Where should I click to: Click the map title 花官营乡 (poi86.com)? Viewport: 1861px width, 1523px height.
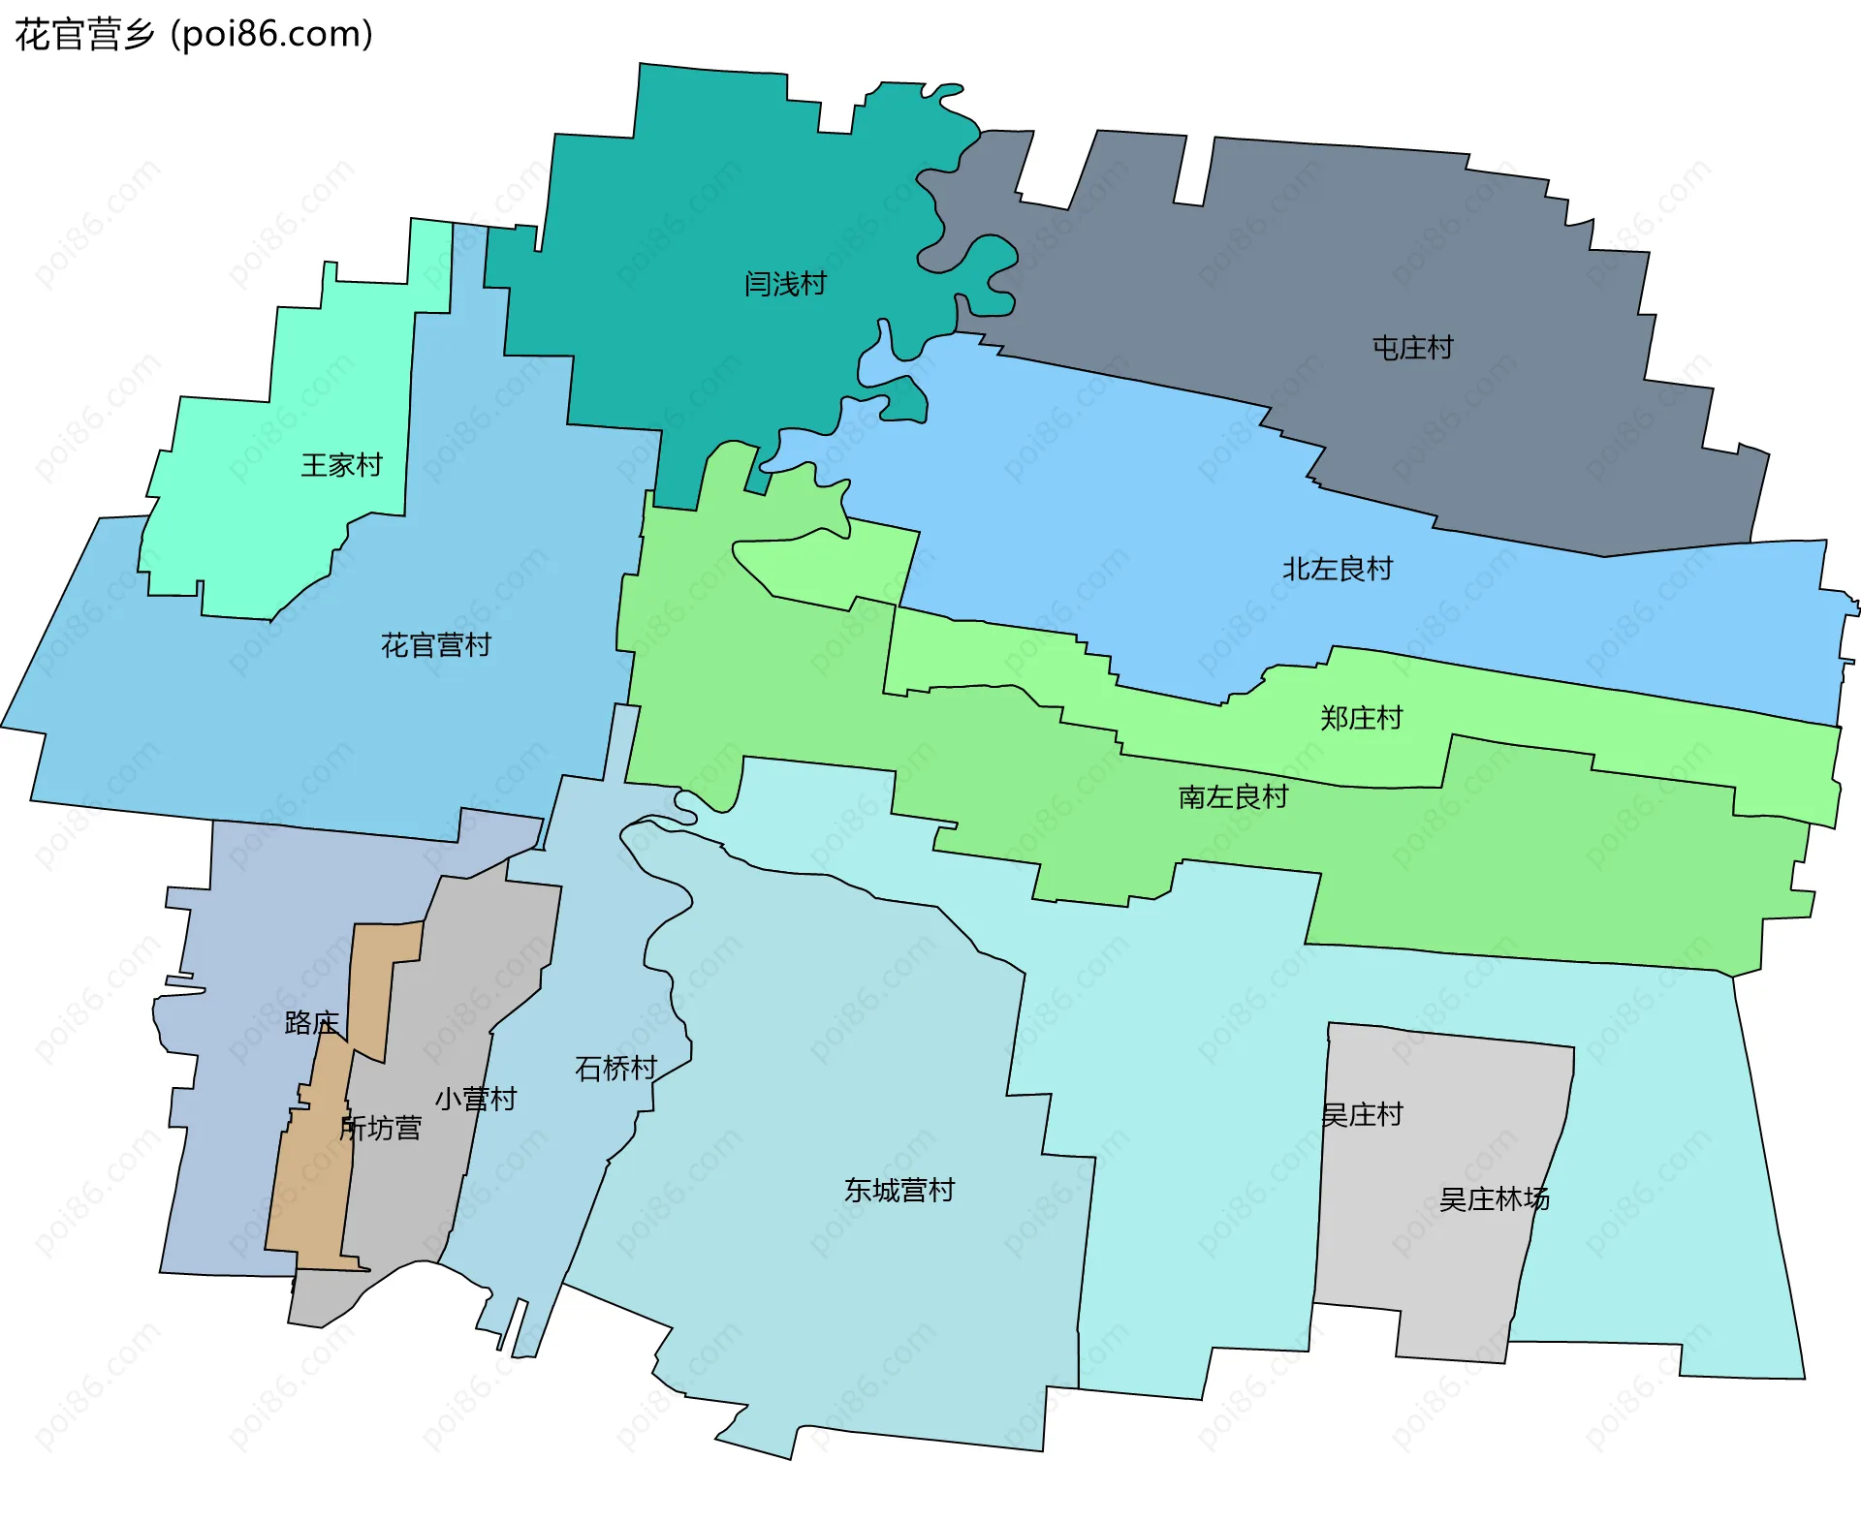(194, 35)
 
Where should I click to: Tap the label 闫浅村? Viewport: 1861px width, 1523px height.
(785, 284)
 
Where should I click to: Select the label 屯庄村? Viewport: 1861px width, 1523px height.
(1412, 348)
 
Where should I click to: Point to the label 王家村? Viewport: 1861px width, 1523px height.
(341, 465)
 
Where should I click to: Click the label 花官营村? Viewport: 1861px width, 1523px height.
(436, 645)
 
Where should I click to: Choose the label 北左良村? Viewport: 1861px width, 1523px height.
(1338, 569)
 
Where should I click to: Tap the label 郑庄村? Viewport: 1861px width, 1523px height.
(1361, 718)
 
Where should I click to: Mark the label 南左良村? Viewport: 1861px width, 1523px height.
(1233, 797)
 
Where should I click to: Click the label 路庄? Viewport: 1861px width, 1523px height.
(311, 1023)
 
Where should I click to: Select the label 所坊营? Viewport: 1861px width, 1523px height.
(380, 1129)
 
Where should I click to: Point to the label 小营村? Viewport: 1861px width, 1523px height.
(475, 1099)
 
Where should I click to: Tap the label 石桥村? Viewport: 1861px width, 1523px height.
(615, 1068)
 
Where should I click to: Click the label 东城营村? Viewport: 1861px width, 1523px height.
(899, 1190)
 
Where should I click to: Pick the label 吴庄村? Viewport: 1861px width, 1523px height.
(1362, 1115)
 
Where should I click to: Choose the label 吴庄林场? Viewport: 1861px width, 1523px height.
(1494, 1199)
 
